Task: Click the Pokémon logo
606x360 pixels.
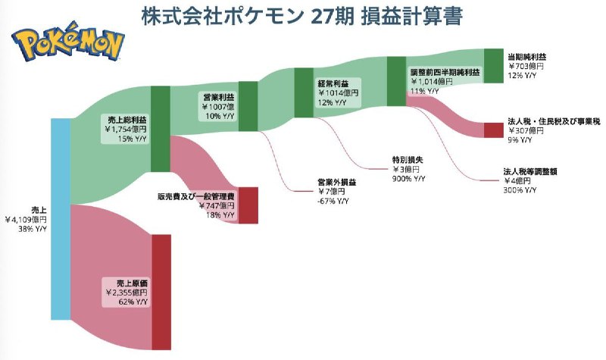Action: [x=68, y=42]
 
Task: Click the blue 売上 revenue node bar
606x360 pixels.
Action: [x=61, y=219]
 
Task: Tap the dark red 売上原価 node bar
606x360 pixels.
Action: [x=161, y=292]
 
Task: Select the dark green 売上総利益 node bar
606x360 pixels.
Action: [x=161, y=129]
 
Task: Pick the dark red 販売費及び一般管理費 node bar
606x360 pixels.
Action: [x=248, y=205]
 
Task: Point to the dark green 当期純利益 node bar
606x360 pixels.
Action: [x=494, y=66]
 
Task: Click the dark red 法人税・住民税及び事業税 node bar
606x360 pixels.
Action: [x=494, y=130]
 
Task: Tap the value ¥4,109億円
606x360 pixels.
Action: [x=26, y=220]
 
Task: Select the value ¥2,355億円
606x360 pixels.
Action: [x=127, y=293]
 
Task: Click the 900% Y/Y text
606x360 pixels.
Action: [x=408, y=179]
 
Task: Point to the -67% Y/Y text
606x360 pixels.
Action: [x=333, y=201]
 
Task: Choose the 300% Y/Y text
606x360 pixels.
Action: [x=520, y=190]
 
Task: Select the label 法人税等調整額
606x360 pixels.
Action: [x=529, y=171]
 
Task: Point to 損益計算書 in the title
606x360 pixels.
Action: [x=411, y=17]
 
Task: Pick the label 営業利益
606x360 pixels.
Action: [x=219, y=98]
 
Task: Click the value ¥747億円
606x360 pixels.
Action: [x=217, y=205]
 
